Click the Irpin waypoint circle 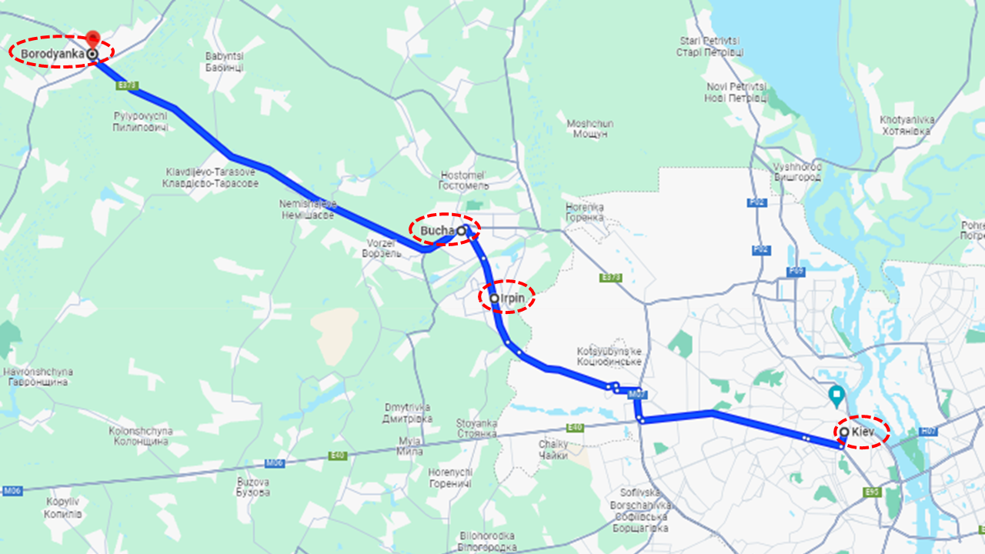494,298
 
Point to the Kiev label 863,432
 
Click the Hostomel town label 463,180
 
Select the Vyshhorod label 798,172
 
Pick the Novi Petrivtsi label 736,92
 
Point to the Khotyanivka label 907,125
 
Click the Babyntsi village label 225,62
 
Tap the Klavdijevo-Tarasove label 209,178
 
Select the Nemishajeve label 308,210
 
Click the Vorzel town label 382,248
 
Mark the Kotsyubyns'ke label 609,356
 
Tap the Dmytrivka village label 406,412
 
